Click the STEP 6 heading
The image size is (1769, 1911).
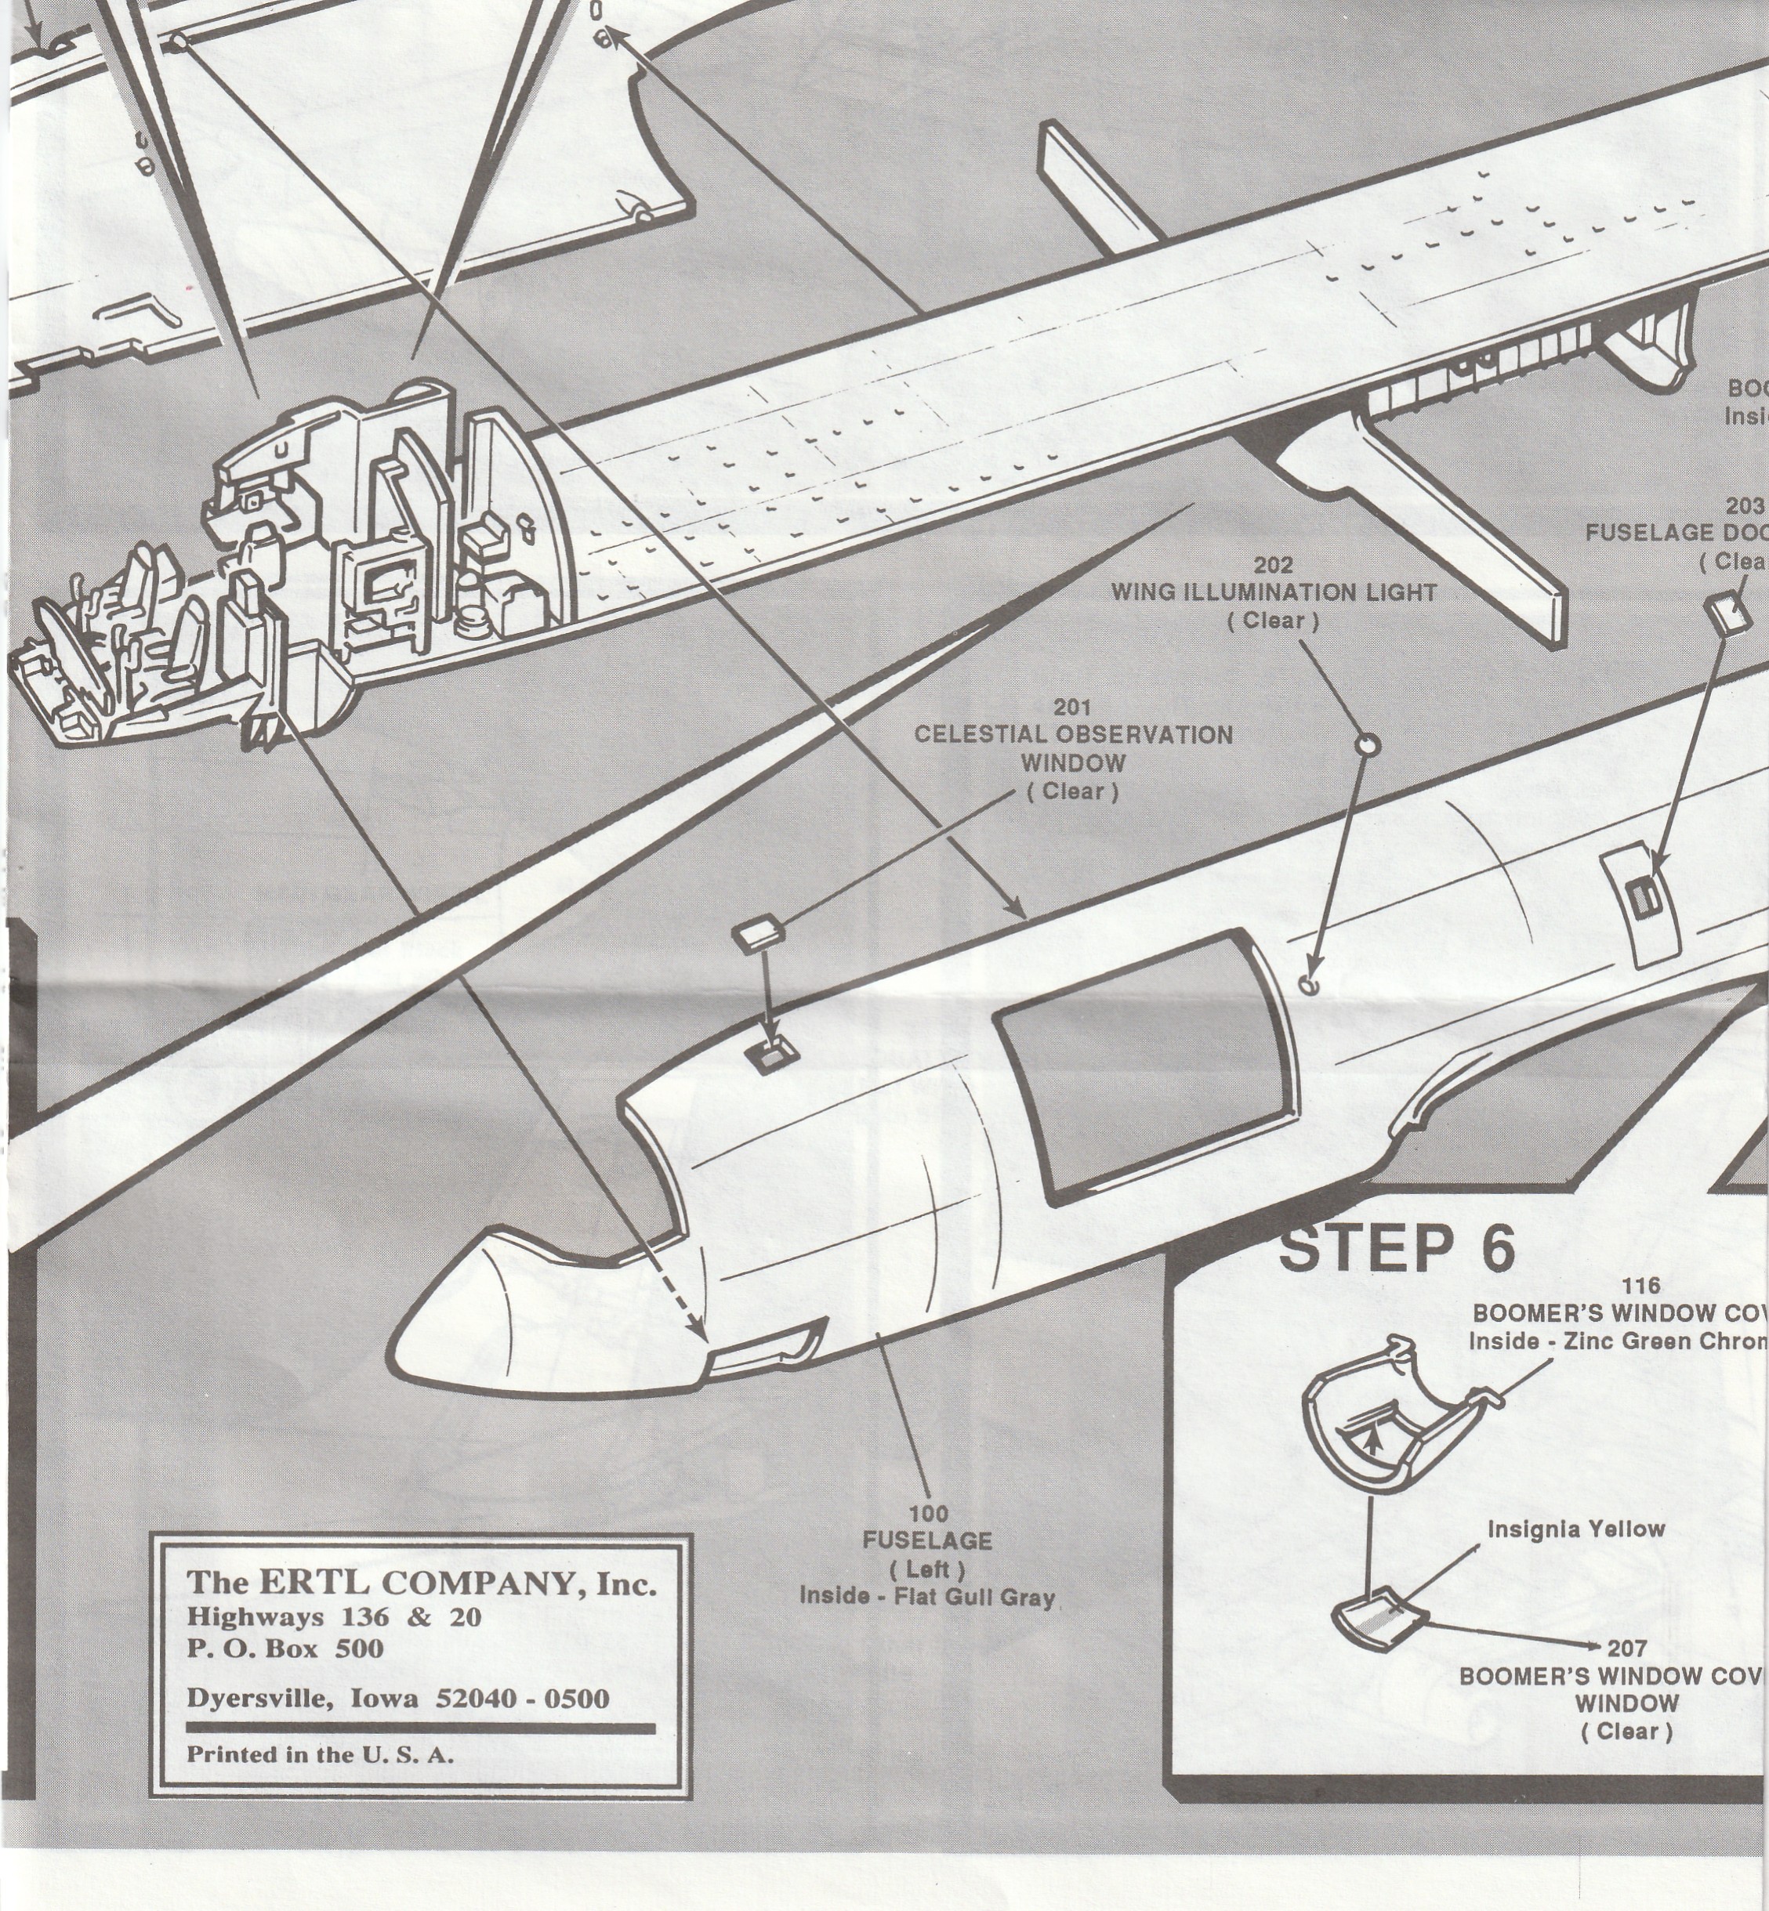pos(1397,1248)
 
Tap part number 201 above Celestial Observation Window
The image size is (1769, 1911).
pos(1073,708)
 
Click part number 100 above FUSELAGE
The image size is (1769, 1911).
pos(927,1513)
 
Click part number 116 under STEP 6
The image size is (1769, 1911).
pos(1640,1285)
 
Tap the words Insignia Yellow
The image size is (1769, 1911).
pos(1575,1528)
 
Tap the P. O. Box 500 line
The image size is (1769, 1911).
pos(285,1648)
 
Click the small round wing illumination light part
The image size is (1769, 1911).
pos(1368,744)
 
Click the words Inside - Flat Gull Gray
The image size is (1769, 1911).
pos(926,1596)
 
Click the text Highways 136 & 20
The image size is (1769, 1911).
pos(333,1616)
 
